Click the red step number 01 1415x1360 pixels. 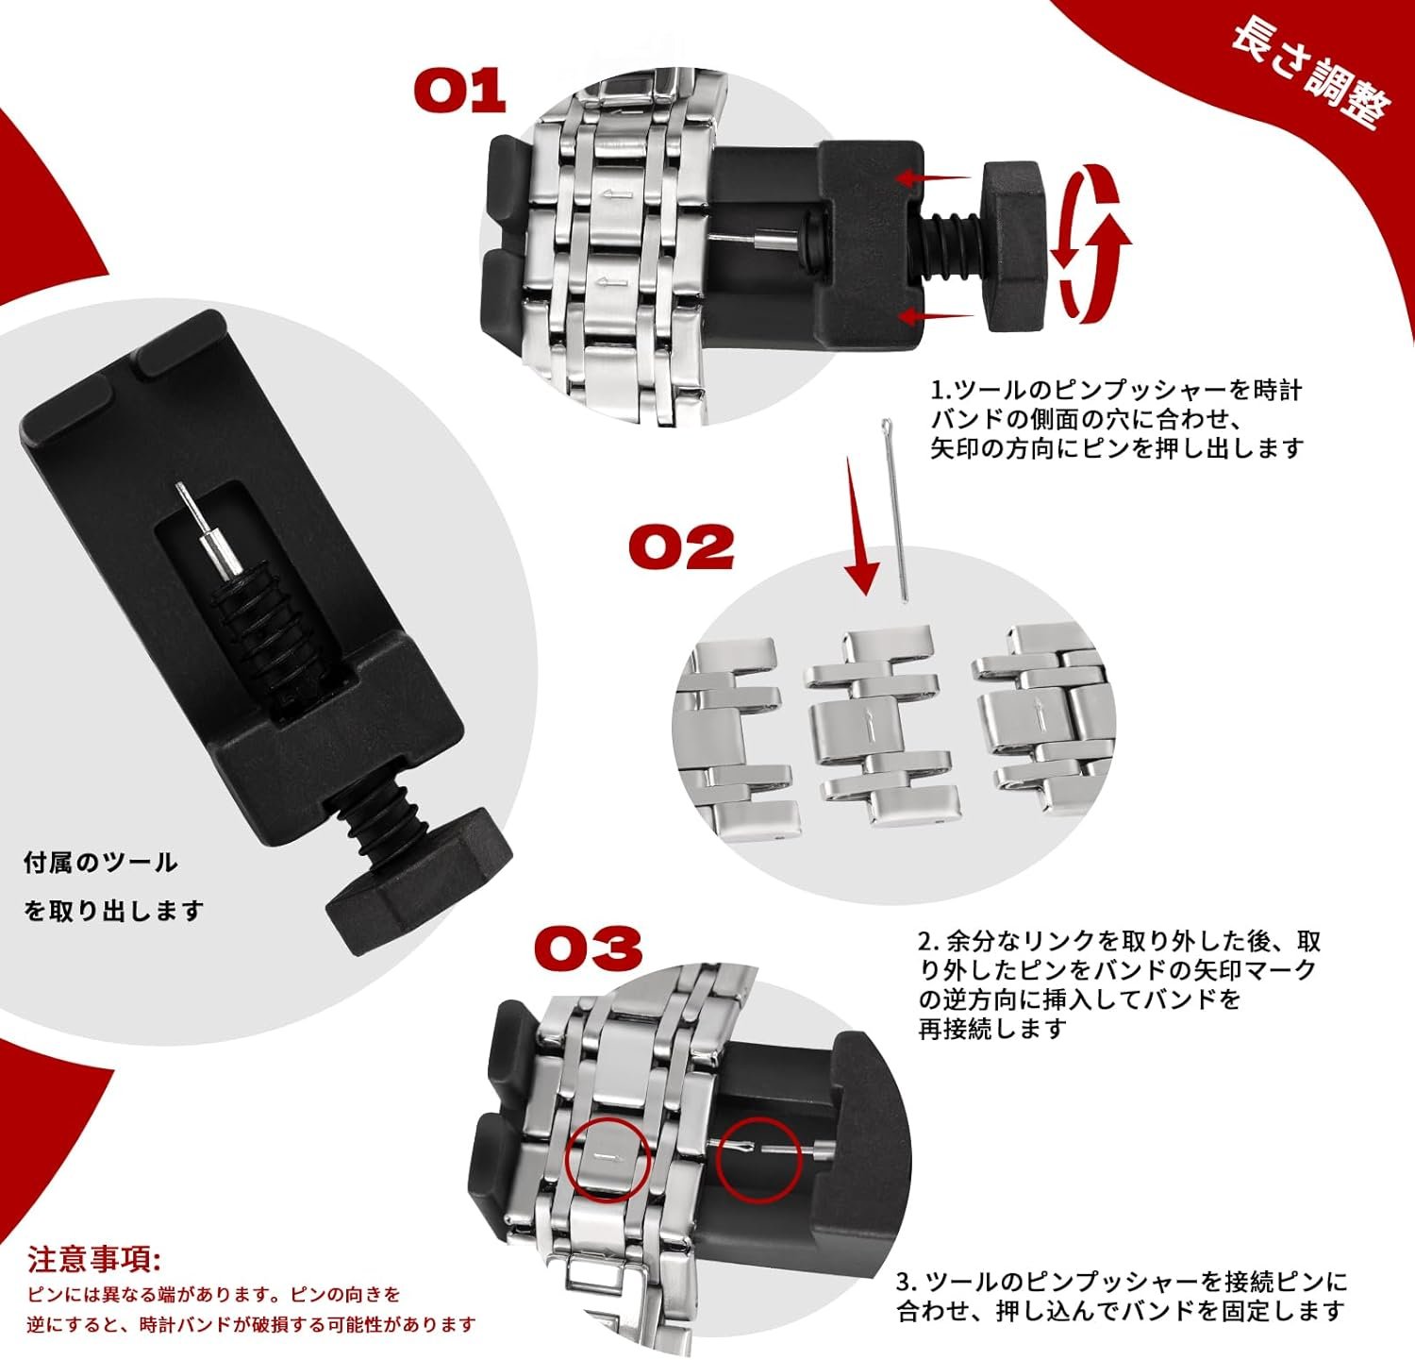pyautogui.click(x=460, y=93)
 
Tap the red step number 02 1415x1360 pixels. pyautogui.click(x=681, y=546)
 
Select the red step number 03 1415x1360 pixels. pyautogui.click(x=589, y=948)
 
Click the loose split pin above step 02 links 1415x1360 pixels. pyautogui.click(x=895, y=510)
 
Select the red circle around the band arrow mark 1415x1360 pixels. pyautogui.click(x=608, y=1160)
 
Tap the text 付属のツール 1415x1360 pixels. pyautogui.click(x=100, y=862)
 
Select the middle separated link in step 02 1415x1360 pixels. pyautogui.click(x=877, y=727)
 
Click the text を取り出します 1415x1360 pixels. pyautogui.click(x=114, y=911)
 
